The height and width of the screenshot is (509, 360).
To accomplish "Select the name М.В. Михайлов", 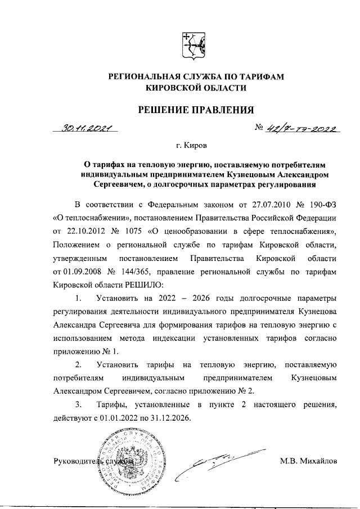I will tap(308, 462).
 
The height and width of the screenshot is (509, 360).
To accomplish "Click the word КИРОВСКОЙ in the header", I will tap(168, 88).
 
